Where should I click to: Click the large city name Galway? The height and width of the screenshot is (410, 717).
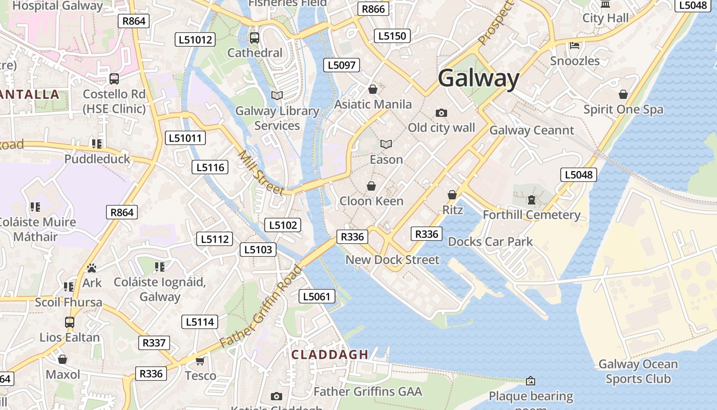coord(479,78)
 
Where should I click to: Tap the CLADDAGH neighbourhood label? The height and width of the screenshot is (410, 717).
coord(330,354)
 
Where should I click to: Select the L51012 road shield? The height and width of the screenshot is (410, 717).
coord(195,39)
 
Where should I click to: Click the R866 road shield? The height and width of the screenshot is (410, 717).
coord(373,9)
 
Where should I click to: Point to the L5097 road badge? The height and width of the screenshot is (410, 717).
coord(342,65)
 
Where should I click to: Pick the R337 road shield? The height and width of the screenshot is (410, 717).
coord(154,343)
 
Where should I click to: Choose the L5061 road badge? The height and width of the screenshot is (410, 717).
coord(317,296)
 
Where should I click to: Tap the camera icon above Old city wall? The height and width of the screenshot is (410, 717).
coord(441,113)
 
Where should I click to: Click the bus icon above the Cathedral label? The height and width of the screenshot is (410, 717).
coord(254,38)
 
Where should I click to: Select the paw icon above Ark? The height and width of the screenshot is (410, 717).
coord(92,268)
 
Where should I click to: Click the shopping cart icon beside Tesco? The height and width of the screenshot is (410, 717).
coord(200,361)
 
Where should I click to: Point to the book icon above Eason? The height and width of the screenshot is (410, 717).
coord(386,145)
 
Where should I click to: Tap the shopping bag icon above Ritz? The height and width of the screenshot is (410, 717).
coord(452,195)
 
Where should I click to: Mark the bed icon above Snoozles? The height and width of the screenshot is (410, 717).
coord(575,46)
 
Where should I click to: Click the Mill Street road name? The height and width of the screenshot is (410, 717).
coord(261,173)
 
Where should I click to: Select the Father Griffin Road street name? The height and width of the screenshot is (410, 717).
coord(261,306)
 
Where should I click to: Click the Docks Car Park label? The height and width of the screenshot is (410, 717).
coord(490,241)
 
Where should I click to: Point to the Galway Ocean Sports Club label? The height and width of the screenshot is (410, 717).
coord(638,372)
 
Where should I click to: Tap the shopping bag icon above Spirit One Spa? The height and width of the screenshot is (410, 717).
coord(623,94)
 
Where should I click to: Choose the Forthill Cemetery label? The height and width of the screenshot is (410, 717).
coord(531,215)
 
